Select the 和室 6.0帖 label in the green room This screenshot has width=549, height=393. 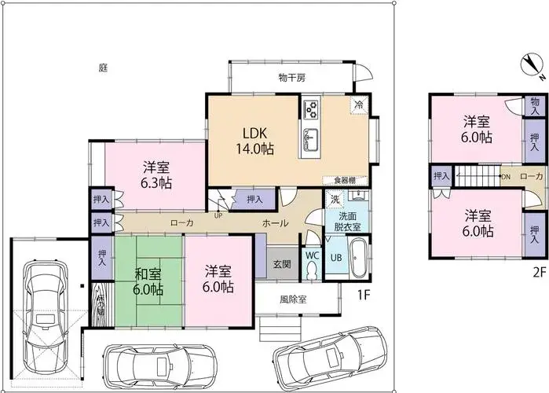pyautogui.click(x=148, y=281)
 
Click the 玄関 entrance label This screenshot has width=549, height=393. pyautogui.click(x=281, y=264)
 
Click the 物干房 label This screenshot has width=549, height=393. pyautogui.click(x=291, y=77)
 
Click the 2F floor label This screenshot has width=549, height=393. pyautogui.click(x=537, y=273)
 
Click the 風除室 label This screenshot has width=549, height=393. pyautogui.click(x=292, y=299)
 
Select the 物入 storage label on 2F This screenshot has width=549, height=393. pyautogui.click(x=535, y=107)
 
